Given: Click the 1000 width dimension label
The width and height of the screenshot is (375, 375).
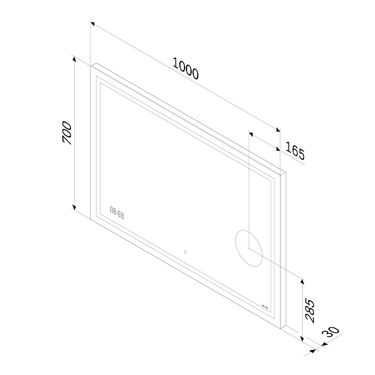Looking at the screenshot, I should pyautogui.click(x=185, y=69).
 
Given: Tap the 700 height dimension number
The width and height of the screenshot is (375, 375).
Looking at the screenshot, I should pyautogui.click(x=66, y=133).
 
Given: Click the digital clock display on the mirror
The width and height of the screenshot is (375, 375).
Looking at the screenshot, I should pyautogui.click(x=118, y=213).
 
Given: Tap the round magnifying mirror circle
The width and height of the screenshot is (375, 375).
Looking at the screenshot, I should pyautogui.click(x=249, y=246).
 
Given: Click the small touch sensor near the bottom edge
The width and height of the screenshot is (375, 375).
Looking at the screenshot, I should pyautogui.click(x=185, y=252).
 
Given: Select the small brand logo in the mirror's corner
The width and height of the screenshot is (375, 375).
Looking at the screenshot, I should pyautogui.click(x=265, y=307).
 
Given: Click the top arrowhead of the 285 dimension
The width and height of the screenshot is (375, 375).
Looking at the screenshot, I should pyautogui.click(x=302, y=279).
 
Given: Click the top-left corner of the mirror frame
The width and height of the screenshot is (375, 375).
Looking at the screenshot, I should pyautogui.click(x=91, y=64).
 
